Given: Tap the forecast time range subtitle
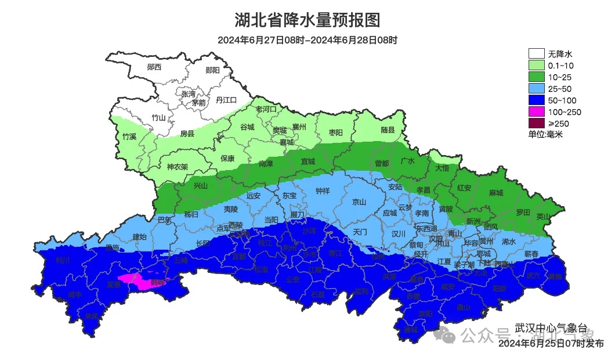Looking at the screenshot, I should pos(307,40).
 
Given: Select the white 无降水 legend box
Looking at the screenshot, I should pos(536,54).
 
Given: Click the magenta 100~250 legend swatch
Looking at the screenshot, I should pos(536,111).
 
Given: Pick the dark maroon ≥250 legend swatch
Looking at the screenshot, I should pos(536,123).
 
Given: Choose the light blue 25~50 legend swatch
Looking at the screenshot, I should pos(536,89).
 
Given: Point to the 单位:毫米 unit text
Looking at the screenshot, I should pos(545,134).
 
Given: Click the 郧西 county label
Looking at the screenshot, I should pos(154,67).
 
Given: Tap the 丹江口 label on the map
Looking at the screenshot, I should pos(226,100).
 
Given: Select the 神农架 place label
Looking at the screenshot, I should pos(177,167).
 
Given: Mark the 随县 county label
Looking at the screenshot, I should pos(388,131).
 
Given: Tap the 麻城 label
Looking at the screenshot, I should pos(495,193).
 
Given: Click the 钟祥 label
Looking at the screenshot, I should pos(322,190).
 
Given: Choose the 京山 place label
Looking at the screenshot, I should pos(360,202).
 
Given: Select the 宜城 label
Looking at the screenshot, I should pos(307,161).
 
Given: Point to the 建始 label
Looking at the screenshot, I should pos(140,237).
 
